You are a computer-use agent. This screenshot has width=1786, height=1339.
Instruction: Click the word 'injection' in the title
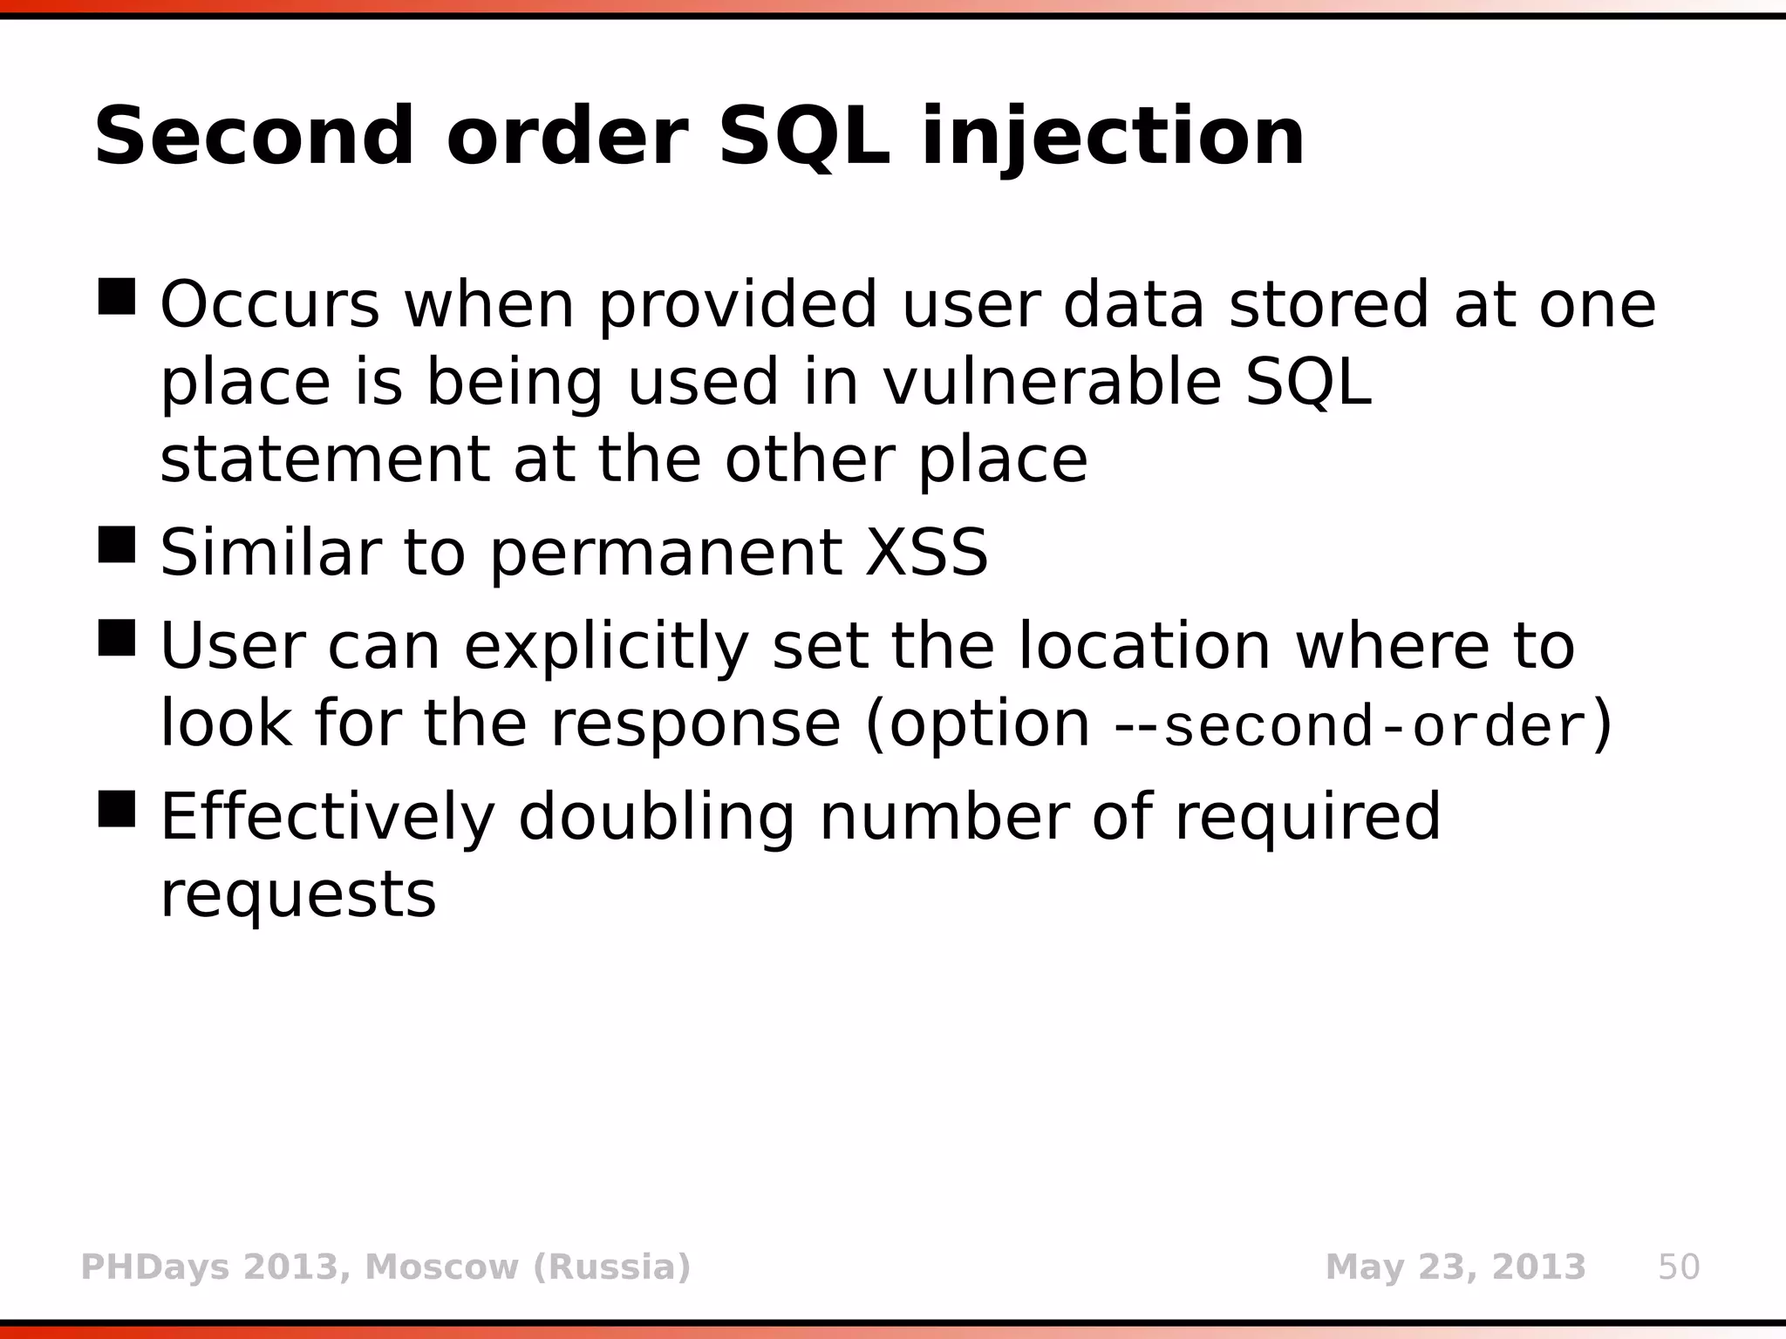click(x=1113, y=138)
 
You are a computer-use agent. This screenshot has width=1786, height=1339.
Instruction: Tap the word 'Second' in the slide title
click(x=254, y=138)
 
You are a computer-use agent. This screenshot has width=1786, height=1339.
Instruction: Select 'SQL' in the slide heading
click(x=804, y=138)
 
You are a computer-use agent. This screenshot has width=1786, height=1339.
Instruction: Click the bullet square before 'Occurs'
click(x=117, y=296)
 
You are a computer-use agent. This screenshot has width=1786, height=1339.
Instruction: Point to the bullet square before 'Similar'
click(x=117, y=544)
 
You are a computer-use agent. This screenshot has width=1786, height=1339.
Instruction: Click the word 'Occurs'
click(x=270, y=305)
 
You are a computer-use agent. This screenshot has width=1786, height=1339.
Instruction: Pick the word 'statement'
click(x=324, y=460)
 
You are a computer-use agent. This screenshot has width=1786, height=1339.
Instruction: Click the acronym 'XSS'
click(x=926, y=553)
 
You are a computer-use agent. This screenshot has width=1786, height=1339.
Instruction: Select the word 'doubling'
click(x=656, y=818)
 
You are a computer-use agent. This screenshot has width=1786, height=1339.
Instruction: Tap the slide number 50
click(x=1679, y=1267)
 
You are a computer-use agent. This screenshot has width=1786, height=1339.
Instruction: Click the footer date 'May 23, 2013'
click(x=1455, y=1267)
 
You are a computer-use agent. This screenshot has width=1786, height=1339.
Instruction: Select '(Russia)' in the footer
click(x=611, y=1267)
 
